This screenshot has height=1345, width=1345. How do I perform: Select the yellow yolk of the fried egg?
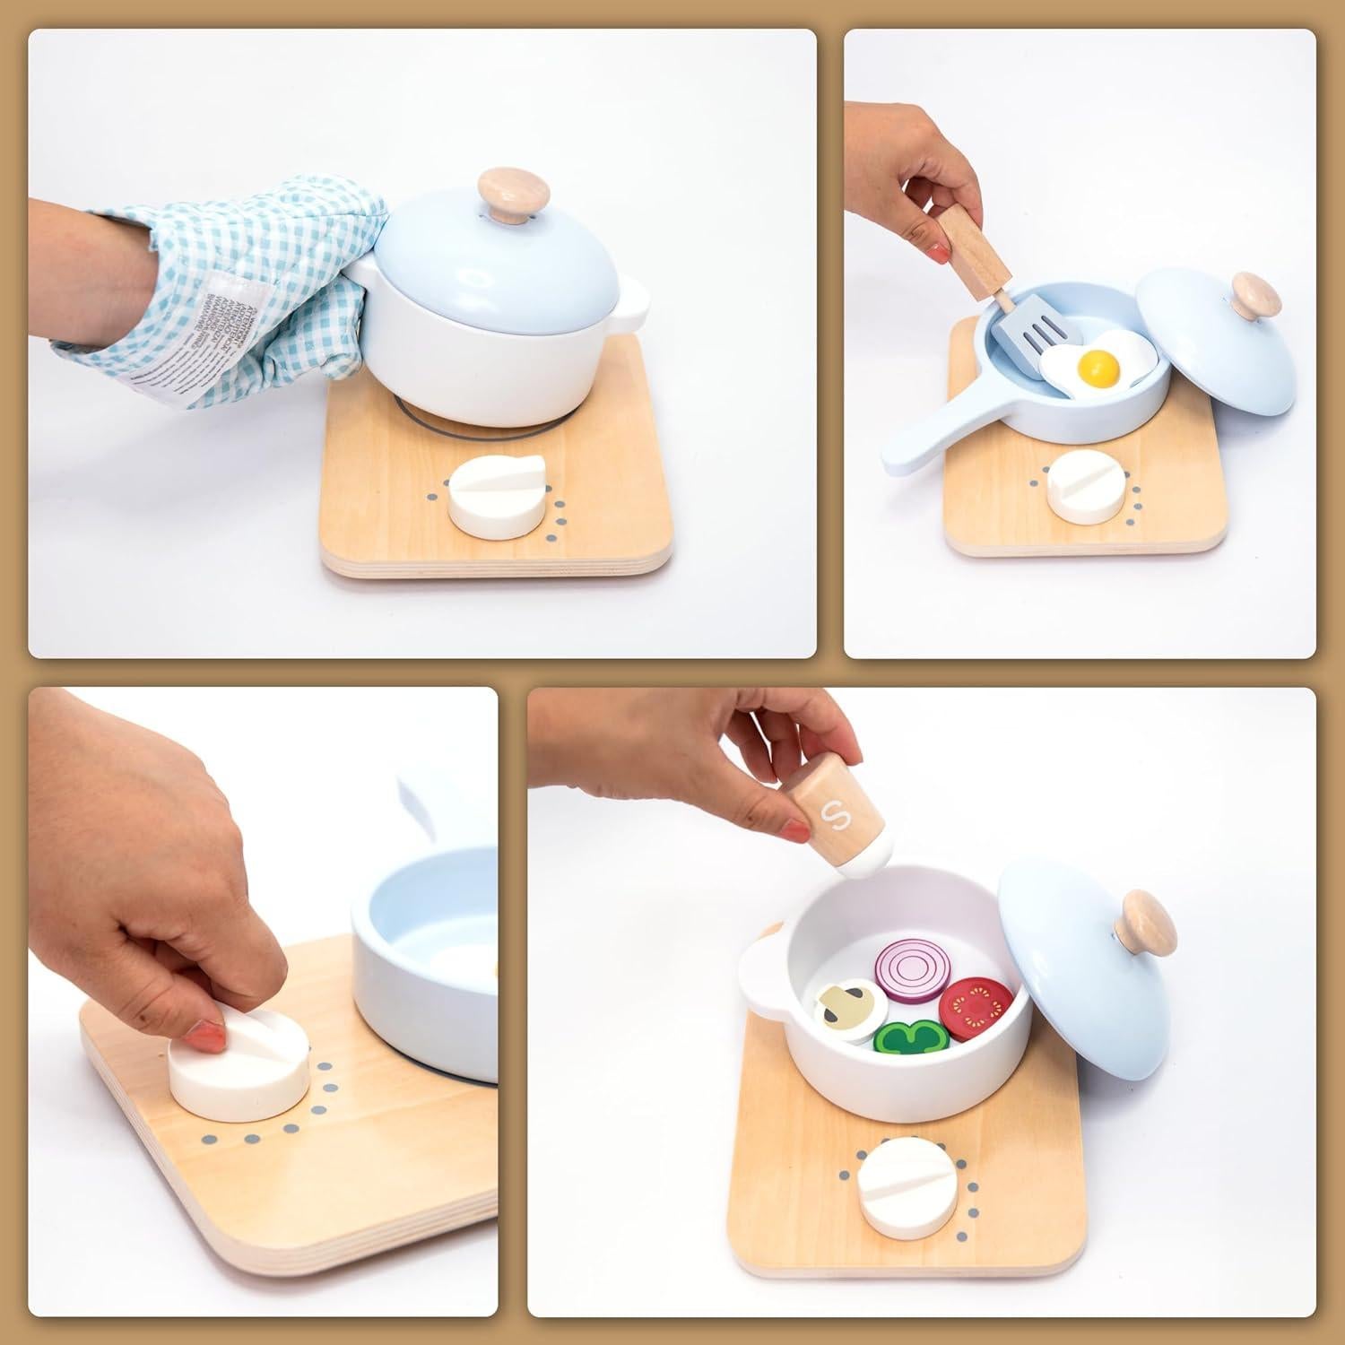click(x=1100, y=363)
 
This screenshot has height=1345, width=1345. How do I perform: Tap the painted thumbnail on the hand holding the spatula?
click(x=938, y=253)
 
